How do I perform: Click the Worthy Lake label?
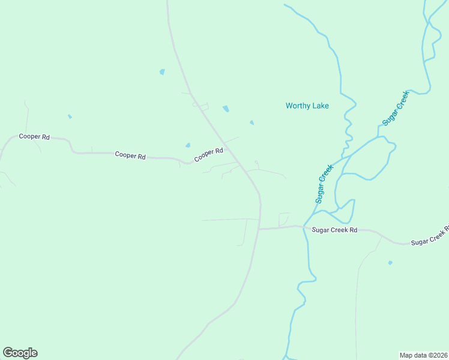point(307,106)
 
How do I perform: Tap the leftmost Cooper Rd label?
point(34,137)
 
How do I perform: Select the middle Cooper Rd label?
point(130,156)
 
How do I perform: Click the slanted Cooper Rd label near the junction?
point(208,155)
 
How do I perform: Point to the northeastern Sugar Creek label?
point(395,109)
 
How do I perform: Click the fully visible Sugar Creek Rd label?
point(334,230)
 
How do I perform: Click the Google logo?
point(20,353)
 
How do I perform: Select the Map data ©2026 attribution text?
point(424,355)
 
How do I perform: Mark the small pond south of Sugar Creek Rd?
point(390,263)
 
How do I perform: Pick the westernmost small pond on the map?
point(70,116)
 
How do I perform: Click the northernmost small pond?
point(162,72)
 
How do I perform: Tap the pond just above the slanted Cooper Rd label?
point(188,145)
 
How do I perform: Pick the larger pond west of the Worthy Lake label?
point(226,109)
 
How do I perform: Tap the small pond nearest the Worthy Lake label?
point(252,123)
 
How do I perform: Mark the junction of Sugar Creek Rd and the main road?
point(259,229)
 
